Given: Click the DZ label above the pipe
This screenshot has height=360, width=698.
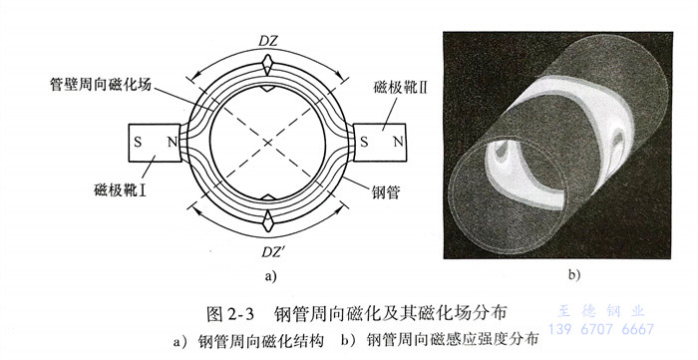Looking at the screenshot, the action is (x=268, y=41).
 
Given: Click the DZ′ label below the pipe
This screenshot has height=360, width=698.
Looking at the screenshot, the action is (x=273, y=252).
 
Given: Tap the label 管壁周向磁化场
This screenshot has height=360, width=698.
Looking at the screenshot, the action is (x=100, y=84).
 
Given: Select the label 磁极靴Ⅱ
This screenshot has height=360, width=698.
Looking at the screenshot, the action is (x=400, y=87).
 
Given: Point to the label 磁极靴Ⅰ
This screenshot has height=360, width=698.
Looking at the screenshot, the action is (x=121, y=190).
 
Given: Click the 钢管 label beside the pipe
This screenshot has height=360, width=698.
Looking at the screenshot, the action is (x=386, y=192).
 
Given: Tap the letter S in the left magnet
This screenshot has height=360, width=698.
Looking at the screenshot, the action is (x=138, y=143).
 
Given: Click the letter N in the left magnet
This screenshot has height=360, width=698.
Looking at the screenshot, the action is (x=173, y=143).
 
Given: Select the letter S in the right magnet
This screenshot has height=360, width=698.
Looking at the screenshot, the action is (x=364, y=143).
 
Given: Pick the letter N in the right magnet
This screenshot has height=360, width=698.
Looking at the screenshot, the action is (x=399, y=143).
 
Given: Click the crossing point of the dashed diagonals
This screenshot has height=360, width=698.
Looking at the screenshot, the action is (x=267, y=143).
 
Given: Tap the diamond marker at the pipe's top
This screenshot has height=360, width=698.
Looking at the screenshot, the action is (x=267, y=66).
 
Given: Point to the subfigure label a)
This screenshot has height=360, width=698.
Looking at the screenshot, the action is (x=270, y=276).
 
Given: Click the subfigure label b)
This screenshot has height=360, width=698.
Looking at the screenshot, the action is (x=574, y=275).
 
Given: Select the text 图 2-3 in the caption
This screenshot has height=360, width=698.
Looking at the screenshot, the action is (x=230, y=313).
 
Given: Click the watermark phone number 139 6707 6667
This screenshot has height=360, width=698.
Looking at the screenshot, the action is (x=601, y=329).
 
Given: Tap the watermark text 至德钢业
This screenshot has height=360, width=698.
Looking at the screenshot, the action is (x=601, y=310).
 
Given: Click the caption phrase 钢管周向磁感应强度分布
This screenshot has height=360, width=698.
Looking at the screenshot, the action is (x=453, y=340).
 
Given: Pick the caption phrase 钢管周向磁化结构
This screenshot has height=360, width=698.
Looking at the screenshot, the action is (x=261, y=341).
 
